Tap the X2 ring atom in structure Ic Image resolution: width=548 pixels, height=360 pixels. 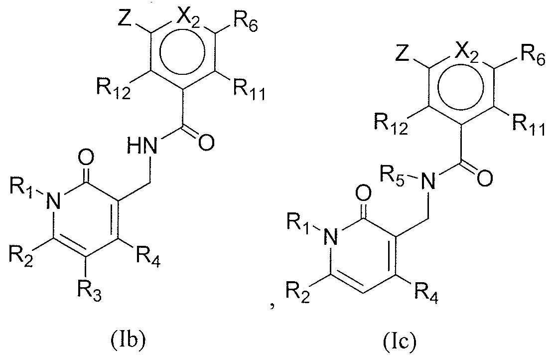[467, 53]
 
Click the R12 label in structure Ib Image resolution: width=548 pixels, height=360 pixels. [113, 91]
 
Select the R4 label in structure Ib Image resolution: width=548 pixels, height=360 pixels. [148, 257]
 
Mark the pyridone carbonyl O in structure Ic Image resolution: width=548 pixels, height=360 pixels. [364, 193]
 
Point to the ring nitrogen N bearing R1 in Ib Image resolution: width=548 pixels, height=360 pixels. [55, 201]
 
